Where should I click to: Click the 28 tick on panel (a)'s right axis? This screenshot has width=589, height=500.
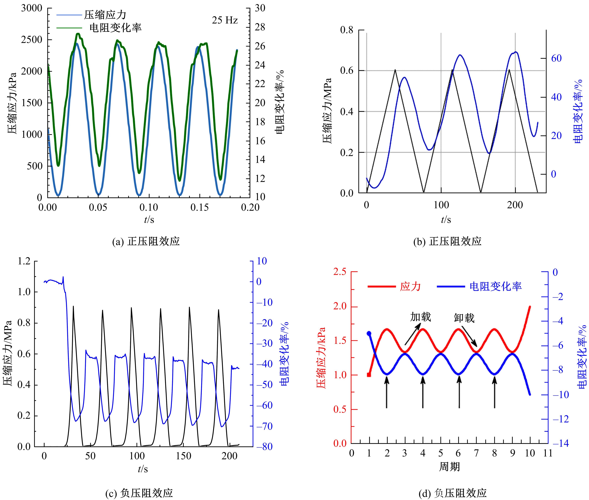click(260, 27)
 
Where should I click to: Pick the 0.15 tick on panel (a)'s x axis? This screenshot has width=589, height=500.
click(200, 207)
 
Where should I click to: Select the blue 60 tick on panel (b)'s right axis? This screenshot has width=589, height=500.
click(556, 58)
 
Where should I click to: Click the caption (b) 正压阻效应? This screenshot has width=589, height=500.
click(447, 241)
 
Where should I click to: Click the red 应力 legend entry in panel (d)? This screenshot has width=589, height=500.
click(410, 287)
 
